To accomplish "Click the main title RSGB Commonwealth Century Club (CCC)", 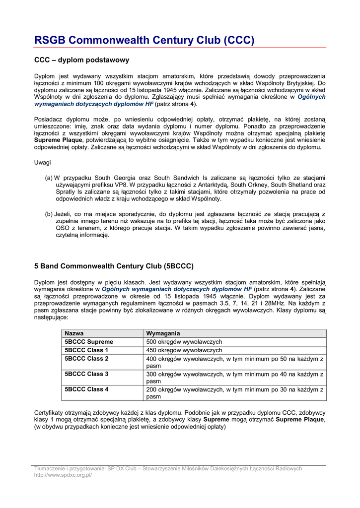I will (144, 40).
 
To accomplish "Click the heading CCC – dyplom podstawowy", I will (81, 60).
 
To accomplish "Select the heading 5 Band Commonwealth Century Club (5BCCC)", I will (114, 266).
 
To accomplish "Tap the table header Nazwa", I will (74, 333).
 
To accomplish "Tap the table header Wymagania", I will (163, 333).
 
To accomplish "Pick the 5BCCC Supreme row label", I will (89, 342).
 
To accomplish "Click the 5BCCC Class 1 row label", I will (86, 350).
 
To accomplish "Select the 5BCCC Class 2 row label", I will (86, 359).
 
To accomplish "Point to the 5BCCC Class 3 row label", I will (86, 374).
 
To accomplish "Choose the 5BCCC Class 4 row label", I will (86, 389).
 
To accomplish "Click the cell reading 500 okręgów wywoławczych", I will (184, 342).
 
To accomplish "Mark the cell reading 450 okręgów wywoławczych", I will (184, 350).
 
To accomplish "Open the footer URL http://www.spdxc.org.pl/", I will (63, 475).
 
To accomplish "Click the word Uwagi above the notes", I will (42, 163).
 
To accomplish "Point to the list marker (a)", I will (49, 178).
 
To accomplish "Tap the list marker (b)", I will (49, 214).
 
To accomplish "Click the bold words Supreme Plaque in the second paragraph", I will (58, 140).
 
